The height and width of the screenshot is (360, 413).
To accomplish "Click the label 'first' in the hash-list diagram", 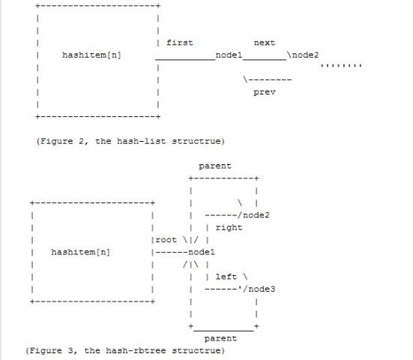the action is pos(180,43).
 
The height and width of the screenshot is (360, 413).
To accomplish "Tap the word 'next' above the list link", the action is pos(265,43).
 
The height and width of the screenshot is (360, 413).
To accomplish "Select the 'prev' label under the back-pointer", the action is pos(265,92).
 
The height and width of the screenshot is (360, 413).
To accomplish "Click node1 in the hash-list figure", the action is pos(229,55).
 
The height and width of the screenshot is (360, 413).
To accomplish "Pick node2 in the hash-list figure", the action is pos(305,55).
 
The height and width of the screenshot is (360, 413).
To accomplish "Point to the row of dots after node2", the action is pos(341,65).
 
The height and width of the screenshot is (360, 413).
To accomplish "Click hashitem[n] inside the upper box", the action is pos(91,55).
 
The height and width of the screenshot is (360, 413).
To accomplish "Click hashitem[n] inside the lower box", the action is pos(81,252).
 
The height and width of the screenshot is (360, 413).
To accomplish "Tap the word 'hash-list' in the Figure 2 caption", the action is pos(141,141).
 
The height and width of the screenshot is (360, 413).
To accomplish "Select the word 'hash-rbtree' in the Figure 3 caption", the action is pos(136,350).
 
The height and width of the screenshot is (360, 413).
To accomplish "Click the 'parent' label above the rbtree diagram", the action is pos(215,166).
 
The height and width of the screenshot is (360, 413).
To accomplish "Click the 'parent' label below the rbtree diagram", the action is pos(220,339).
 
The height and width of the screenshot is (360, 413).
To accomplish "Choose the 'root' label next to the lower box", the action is pos(166,240).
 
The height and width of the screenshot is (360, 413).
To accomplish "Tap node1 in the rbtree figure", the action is pos(202,252).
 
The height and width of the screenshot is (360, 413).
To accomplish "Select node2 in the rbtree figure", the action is pos(256,215).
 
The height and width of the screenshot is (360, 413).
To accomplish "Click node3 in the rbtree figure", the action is pos(262,289).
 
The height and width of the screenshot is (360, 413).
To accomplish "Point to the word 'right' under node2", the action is pos(229,228).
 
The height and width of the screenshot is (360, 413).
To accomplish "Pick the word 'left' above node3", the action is pos(226,277).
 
